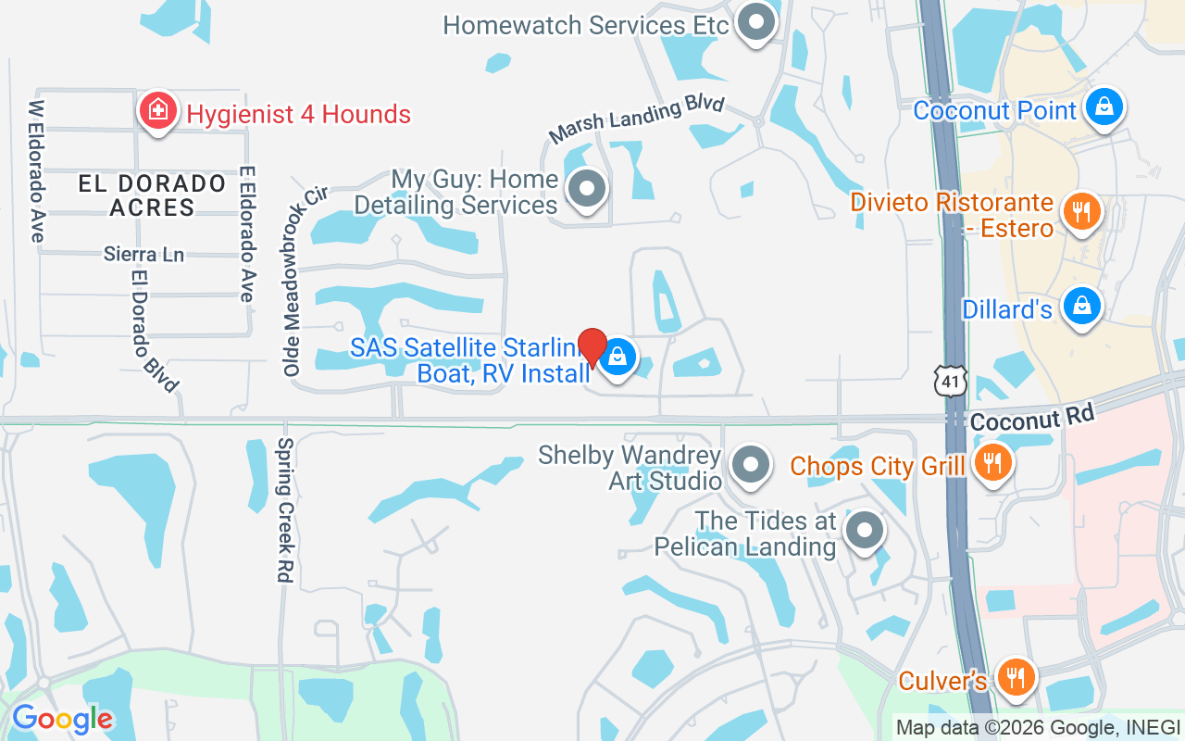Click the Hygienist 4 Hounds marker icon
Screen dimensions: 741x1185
point(158,111)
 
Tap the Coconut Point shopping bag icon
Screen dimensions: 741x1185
point(1104,107)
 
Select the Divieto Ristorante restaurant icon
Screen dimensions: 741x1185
point(1079,211)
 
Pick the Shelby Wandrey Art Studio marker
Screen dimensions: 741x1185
point(751,464)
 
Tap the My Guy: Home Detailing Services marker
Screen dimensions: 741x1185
point(586,190)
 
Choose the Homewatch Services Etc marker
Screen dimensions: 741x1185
point(756,22)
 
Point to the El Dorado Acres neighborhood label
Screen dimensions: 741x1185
point(152,195)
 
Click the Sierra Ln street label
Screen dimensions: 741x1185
point(143,254)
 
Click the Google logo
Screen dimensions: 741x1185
point(62,719)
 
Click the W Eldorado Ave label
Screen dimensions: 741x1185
point(37,171)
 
